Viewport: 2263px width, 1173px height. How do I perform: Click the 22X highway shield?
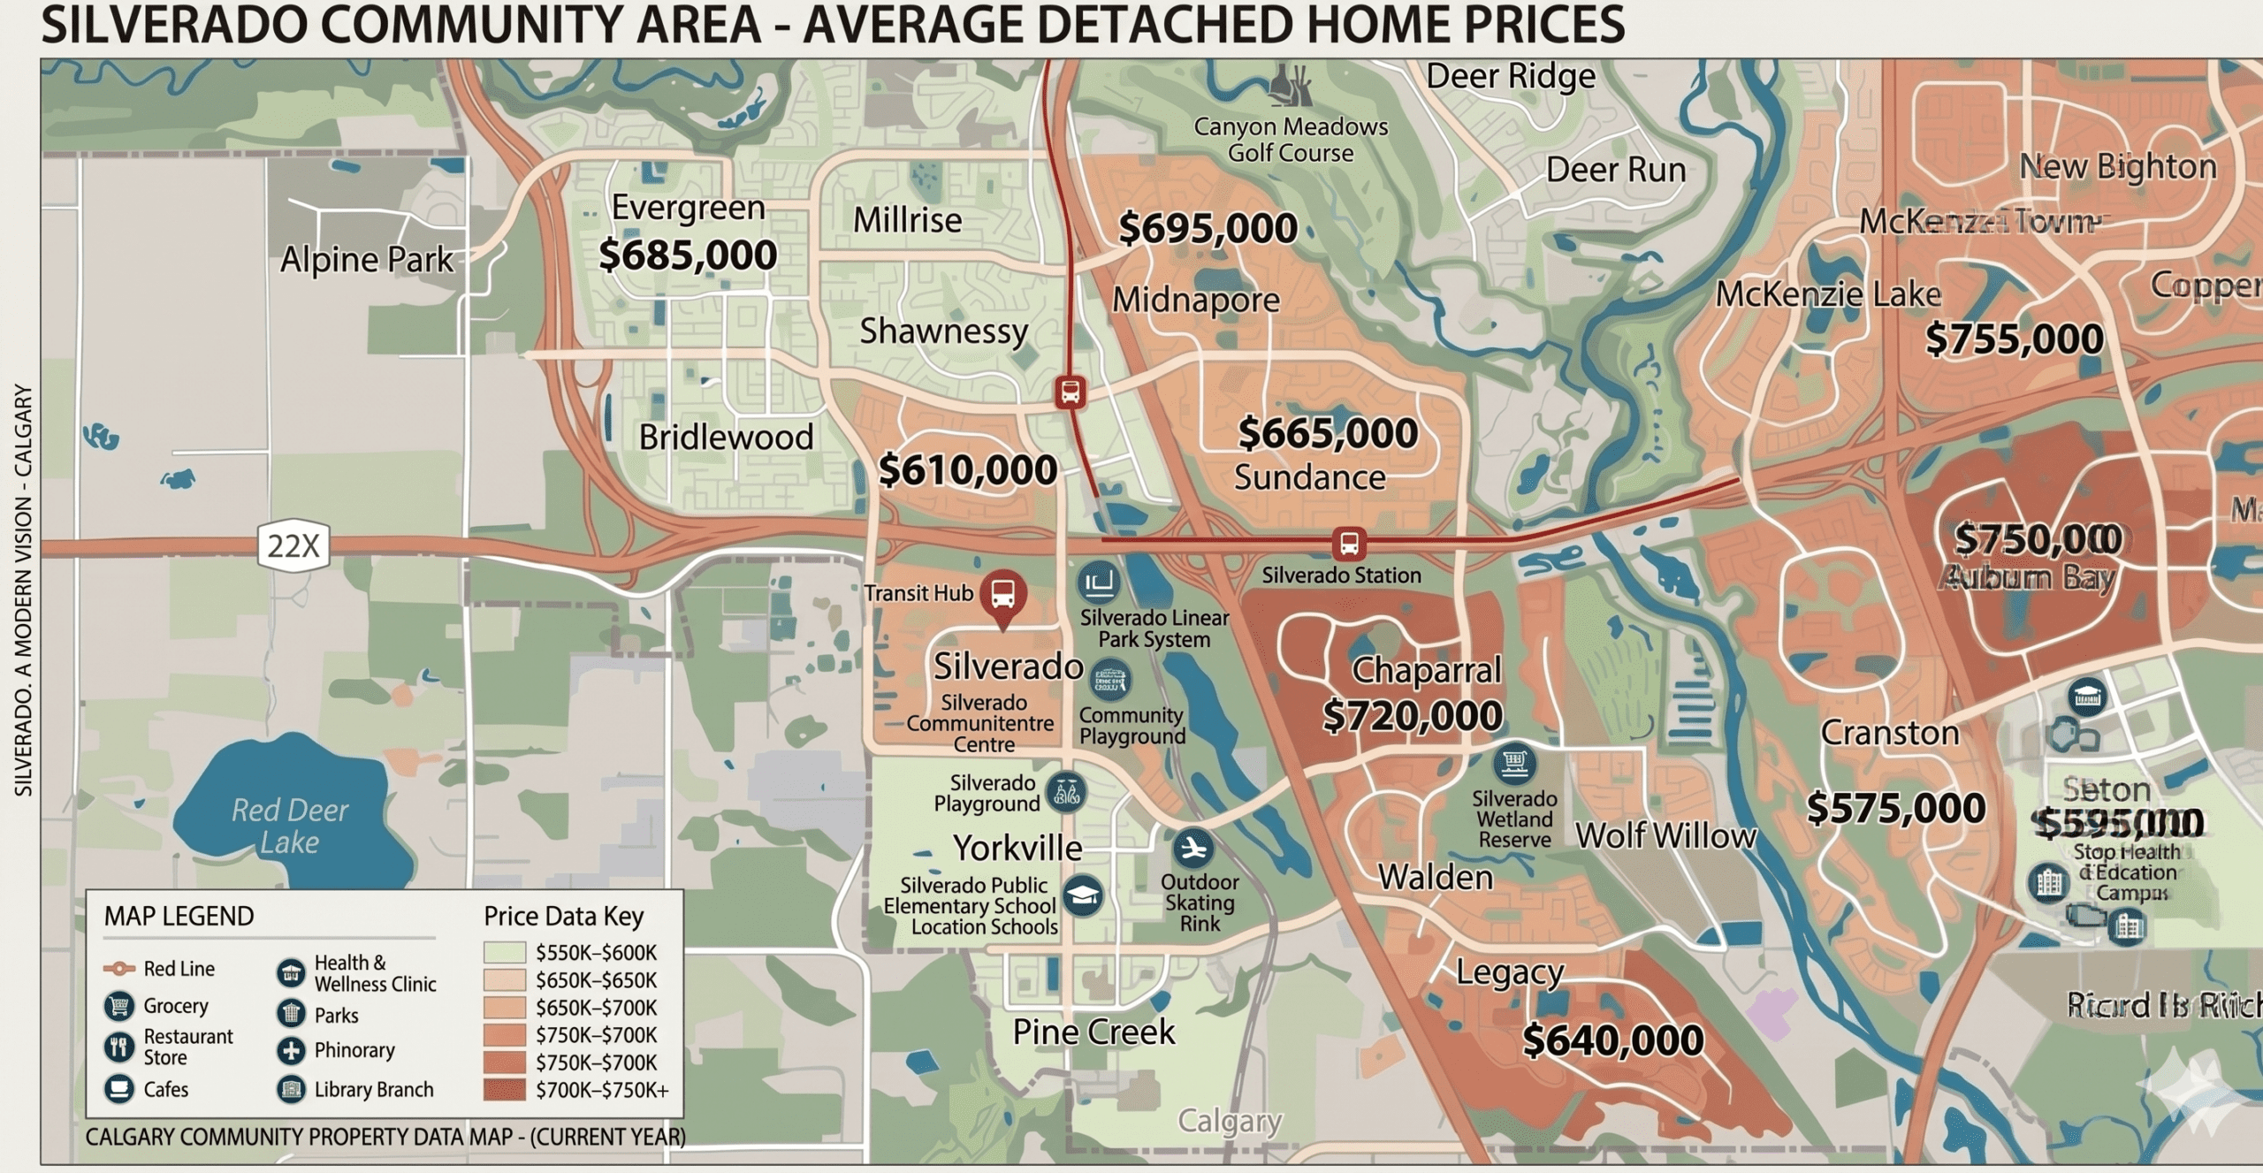pos(293,545)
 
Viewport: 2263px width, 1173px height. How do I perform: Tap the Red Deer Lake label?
pos(289,826)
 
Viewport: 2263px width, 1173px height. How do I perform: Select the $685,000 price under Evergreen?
pos(687,255)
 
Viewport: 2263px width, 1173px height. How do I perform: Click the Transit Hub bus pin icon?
pos(1002,594)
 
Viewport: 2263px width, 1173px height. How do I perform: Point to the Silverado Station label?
pos(1341,575)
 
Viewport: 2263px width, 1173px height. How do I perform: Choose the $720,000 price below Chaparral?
pos(1412,716)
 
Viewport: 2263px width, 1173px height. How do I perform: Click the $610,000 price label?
pos(967,470)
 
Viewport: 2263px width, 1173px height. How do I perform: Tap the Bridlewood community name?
pos(726,438)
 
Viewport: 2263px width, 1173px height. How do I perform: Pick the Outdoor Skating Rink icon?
pos(1192,849)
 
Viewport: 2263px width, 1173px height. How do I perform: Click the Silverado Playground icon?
pos(1066,792)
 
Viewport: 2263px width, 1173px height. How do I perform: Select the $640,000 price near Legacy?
pos(1612,1040)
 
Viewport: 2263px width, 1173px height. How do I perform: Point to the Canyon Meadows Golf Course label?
pos(1291,140)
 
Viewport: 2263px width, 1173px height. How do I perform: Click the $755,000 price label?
pos(2014,339)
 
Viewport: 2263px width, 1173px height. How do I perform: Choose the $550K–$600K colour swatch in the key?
pos(504,953)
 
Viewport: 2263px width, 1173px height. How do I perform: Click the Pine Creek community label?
pos(1093,1032)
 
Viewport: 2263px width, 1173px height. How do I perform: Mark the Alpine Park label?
pos(366,260)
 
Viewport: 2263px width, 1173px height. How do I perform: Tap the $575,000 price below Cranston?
pos(1895,809)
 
